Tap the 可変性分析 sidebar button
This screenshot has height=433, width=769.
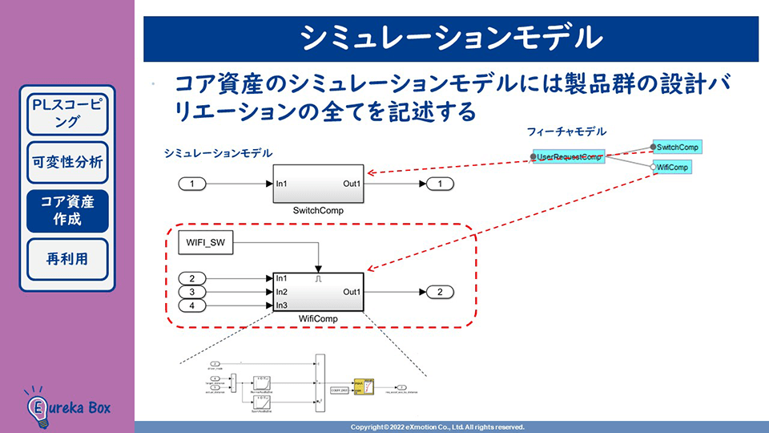[x=67, y=162]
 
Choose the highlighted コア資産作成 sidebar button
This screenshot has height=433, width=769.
[x=67, y=210]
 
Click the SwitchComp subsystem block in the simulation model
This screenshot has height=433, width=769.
[x=319, y=184]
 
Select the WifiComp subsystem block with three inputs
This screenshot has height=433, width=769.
[x=319, y=292]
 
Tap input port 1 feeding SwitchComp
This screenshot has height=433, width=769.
[x=192, y=184]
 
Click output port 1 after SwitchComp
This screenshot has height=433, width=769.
[x=440, y=184]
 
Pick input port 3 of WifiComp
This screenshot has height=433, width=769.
[x=192, y=292]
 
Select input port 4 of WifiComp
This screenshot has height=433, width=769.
[x=192, y=306]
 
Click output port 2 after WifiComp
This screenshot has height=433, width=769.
[x=440, y=292]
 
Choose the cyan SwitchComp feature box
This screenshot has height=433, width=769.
[x=677, y=147]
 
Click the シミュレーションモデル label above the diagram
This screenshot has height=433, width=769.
[x=217, y=152]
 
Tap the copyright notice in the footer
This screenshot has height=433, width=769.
[x=437, y=427]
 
